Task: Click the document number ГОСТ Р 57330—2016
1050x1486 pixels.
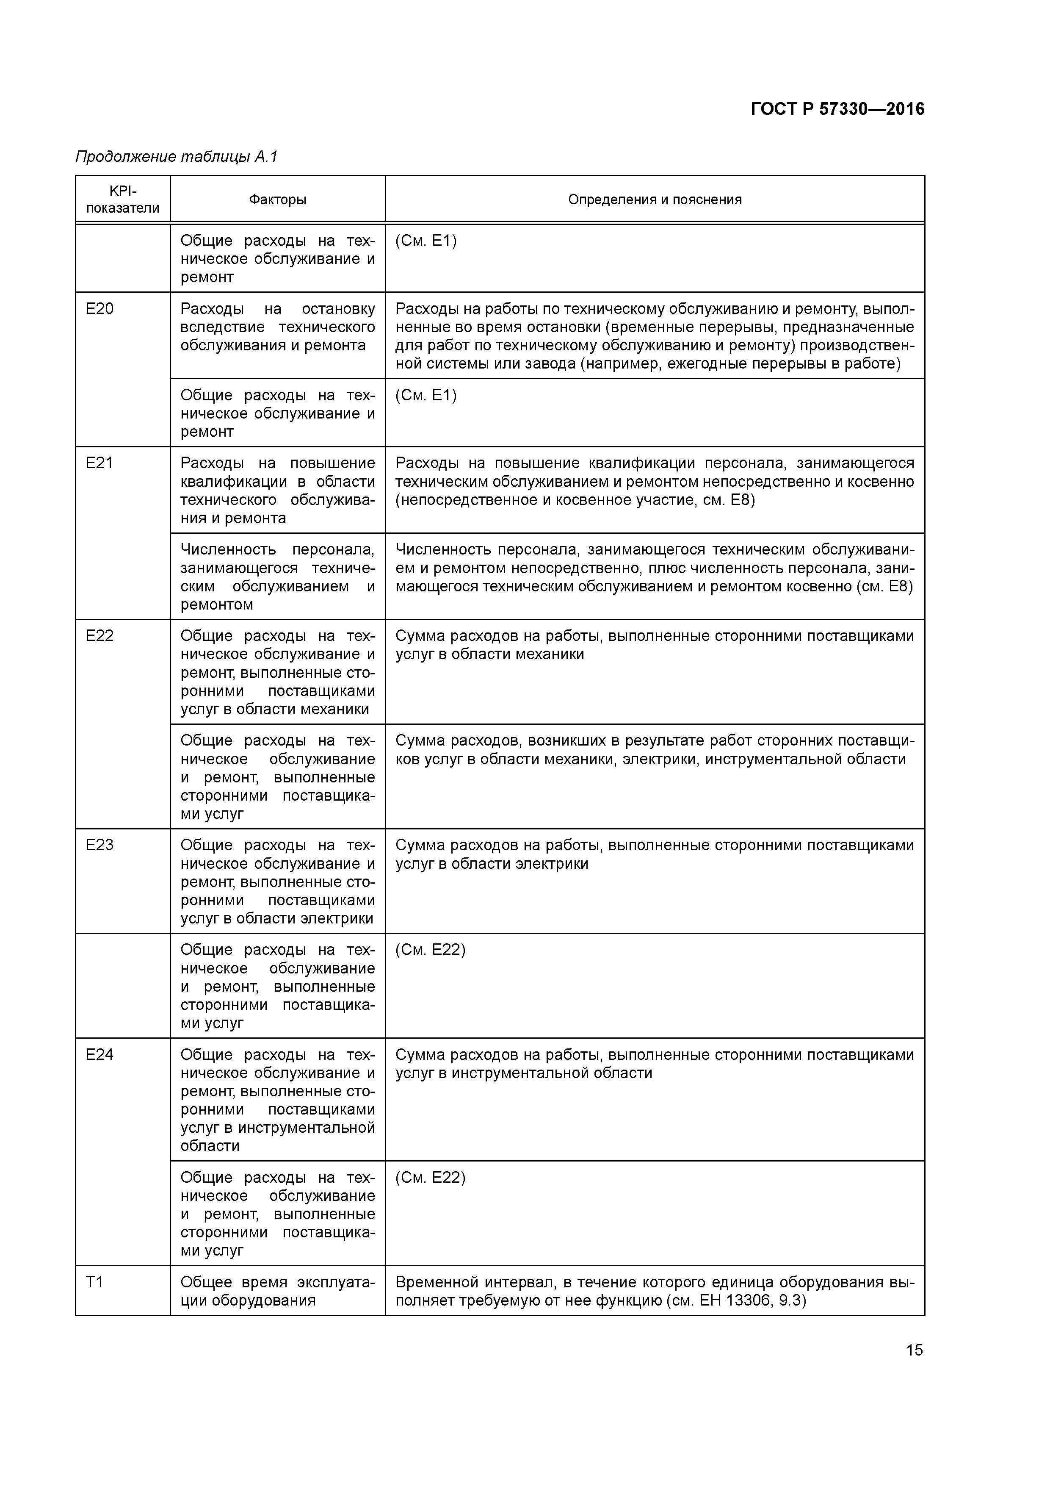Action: click(837, 109)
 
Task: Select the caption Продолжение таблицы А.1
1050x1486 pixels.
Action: click(176, 157)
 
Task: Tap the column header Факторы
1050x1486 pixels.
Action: click(278, 200)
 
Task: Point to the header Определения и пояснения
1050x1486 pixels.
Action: click(655, 200)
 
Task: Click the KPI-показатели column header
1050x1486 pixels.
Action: click(122, 200)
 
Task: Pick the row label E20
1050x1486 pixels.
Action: click(99, 309)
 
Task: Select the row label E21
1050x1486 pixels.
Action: click(99, 463)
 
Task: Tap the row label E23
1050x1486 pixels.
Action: click(99, 845)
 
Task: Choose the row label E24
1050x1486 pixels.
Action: click(99, 1055)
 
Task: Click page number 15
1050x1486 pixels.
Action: click(914, 1350)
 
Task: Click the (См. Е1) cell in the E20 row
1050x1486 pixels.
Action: click(426, 396)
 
